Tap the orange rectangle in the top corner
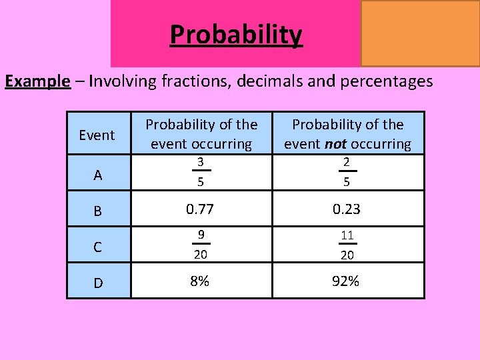pos(420,33)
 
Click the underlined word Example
pos(37,81)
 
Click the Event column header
pos(97,135)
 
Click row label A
pos(98,175)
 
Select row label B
pos(98,211)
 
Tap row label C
pos(98,247)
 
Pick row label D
pos(98,283)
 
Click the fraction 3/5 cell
pos(201,173)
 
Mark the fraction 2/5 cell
pos(347,173)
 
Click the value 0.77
pos(201,209)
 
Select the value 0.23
pos(347,209)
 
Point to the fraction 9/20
pos(201,245)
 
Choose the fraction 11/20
pos(347,245)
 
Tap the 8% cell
pos(200,281)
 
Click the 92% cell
pos(347,281)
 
